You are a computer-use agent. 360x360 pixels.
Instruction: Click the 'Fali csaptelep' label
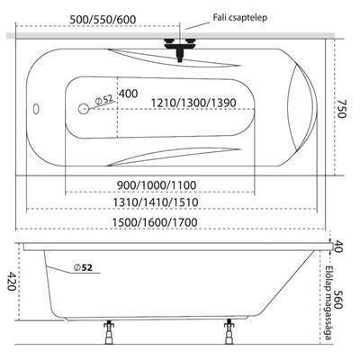coord(240,18)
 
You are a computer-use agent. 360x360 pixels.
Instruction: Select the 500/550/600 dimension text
coord(103,20)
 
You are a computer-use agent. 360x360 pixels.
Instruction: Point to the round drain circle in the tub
coord(83,109)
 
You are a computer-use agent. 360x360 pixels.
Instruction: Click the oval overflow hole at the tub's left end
coord(36,109)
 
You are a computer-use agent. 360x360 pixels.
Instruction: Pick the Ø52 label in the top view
coord(103,99)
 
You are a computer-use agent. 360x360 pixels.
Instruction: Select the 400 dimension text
coord(129,94)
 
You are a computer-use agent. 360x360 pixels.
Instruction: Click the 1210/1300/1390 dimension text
coord(193,103)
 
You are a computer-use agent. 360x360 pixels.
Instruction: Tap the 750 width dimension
coord(340,109)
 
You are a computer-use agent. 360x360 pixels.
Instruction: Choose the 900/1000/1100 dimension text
coord(157,185)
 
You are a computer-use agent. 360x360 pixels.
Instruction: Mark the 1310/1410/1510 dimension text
coord(156,202)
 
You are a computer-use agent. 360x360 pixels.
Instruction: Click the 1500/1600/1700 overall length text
coord(155,222)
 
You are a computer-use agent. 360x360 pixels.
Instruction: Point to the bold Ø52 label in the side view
coord(83,267)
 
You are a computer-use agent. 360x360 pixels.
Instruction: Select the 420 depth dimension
coord(13,281)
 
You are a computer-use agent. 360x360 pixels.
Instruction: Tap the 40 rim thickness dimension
coord(338,247)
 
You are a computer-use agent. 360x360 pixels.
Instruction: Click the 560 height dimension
coord(337,300)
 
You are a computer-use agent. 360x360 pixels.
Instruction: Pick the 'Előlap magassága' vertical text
coord(329,303)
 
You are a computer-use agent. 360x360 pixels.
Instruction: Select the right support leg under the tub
coord(229,332)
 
